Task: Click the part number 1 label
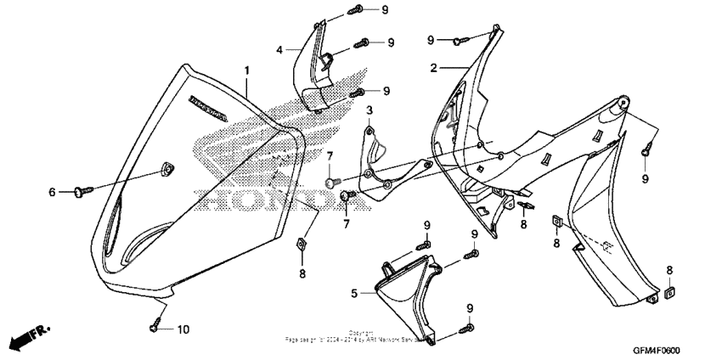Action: click(x=247, y=68)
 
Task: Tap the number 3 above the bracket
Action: click(x=369, y=111)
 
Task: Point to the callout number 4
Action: click(x=279, y=50)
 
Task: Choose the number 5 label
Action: click(x=354, y=293)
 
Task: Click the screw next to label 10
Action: click(x=156, y=323)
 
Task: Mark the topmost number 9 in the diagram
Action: click(x=385, y=9)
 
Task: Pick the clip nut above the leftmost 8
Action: click(x=300, y=245)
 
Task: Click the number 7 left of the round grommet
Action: click(x=329, y=155)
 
